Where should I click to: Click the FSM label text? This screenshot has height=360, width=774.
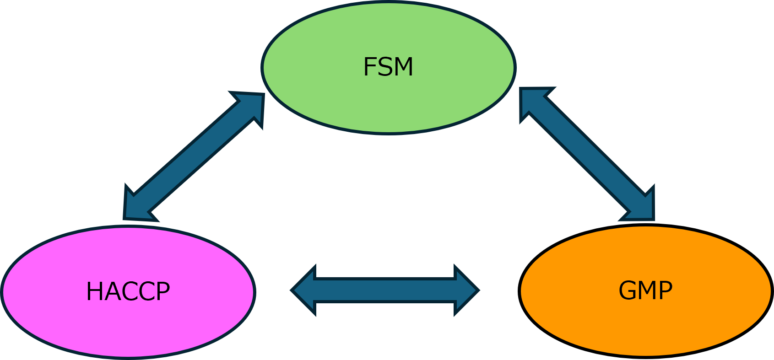[x=388, y=67]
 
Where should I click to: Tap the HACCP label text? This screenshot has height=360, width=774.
[x=128, y=291]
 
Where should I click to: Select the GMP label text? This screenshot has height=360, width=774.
[x=645, y=290]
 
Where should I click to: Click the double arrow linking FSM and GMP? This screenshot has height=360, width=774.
[x=588, y=154]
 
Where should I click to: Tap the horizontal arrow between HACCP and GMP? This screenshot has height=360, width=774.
[x=384, y=290]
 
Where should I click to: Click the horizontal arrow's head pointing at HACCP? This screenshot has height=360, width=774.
[x=304, y=290]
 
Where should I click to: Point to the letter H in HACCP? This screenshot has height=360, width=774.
[x=93, y=291]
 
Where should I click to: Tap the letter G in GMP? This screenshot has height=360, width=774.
[x=627, y=290]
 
